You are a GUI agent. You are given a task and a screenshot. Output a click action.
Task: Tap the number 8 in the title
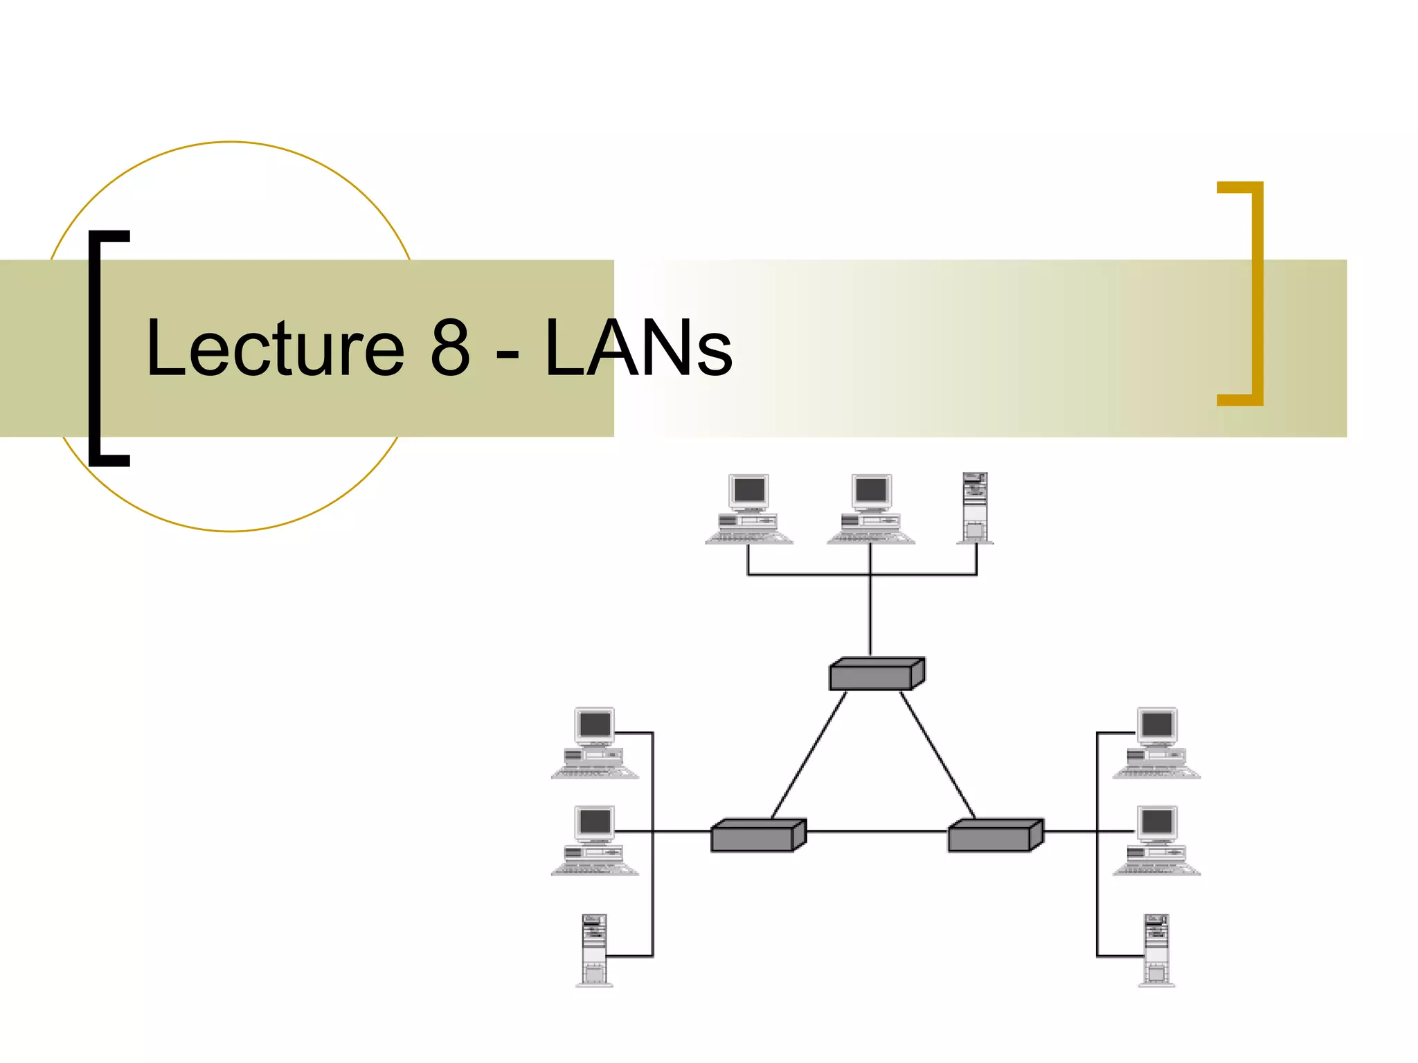coord(450,347)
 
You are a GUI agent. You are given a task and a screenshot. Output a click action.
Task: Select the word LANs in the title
coord(638,347)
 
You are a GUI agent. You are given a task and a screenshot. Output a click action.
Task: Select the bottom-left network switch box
coord(757,836)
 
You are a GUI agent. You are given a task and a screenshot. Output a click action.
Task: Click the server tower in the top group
coord(975,508)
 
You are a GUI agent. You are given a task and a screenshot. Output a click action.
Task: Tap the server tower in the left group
coord(594,950)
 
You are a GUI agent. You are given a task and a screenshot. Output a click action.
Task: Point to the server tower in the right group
coord(1156,950)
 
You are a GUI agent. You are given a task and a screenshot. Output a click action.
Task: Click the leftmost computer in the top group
coord(749,509)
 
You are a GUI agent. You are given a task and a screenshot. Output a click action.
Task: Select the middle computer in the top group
coord(871,509)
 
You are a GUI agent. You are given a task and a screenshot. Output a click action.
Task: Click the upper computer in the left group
coord(595,743)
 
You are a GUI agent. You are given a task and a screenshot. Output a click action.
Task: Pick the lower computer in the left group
coord(595,840)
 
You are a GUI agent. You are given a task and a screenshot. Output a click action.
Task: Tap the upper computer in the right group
coord(1156,743)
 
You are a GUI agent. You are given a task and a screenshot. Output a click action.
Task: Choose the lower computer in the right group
coord(1156,840)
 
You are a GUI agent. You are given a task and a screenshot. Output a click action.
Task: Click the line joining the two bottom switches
coord(877,831)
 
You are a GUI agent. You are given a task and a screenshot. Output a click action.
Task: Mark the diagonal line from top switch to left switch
coord(809,755)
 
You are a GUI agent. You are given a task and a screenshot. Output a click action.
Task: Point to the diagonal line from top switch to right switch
coord(938,755)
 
